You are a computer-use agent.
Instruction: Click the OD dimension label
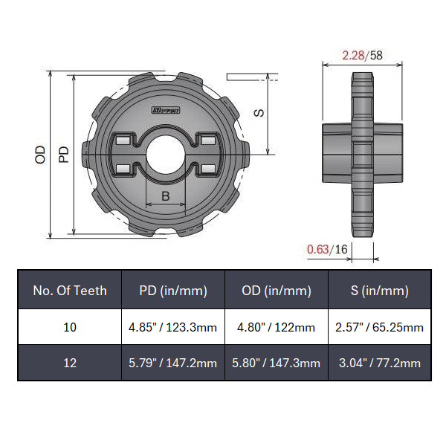[x=41, y=154]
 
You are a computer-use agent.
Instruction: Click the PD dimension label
[x=64, y=154]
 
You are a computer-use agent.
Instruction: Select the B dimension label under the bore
[x=166, y=197]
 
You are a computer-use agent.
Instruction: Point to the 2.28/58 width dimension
[x=362, y=55]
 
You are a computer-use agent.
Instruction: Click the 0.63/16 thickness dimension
[x=328, y=250]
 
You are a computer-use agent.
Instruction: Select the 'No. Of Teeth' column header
[x=69, y=290]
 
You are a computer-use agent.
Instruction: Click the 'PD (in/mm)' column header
[x=172, y=290]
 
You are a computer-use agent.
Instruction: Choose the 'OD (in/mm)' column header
[x=277, y=290]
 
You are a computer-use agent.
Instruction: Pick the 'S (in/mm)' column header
[x=379, y=290]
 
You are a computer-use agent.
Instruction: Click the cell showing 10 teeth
[x=69, y=327]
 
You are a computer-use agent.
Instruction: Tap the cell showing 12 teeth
[x=69, y=363]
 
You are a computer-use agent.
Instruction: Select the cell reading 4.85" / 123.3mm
[x=172, y=327]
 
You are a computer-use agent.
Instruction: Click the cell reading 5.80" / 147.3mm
[x=277, y=363]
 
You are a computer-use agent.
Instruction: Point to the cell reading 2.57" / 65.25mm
[x=379, y=327]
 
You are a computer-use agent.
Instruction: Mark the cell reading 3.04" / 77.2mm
[x=379, y=363]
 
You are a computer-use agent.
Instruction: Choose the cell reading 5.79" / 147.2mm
[x=172, y=363]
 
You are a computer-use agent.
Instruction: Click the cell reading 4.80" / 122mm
[x=277, y=327]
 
